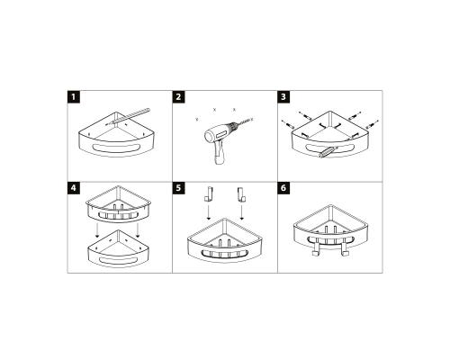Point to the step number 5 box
(x=178, y=190)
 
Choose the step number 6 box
(x=283, y=190)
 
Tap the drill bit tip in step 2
(x=249, y=121)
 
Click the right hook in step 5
(x=242, y=193)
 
